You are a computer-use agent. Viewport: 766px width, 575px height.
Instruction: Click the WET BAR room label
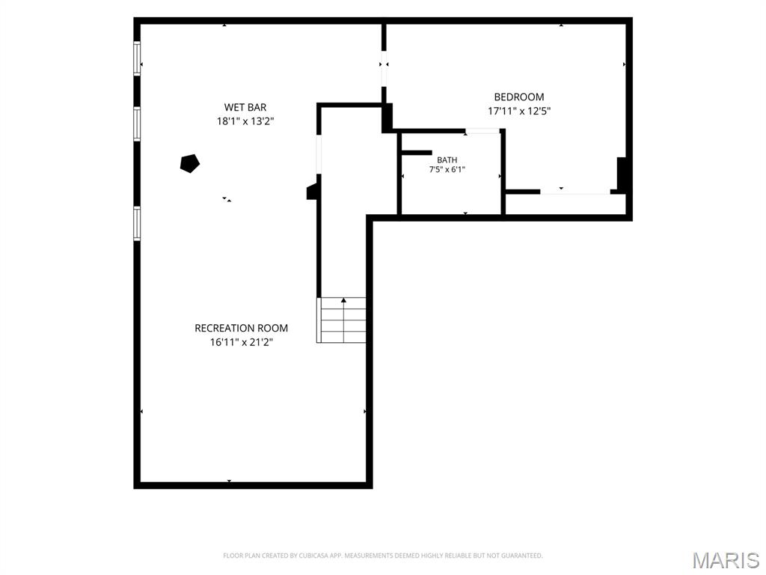[245, 107]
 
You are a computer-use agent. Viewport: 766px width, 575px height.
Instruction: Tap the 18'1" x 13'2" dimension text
[245, 121]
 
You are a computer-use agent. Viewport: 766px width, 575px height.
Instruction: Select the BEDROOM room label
[519, 97]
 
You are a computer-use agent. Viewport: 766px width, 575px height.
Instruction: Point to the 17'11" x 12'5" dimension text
[519, 111]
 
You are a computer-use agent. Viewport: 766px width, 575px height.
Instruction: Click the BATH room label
[447, 160]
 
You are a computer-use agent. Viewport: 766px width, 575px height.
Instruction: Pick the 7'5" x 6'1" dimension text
[447, 170]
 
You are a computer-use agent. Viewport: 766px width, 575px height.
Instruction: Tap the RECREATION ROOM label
[242, 328]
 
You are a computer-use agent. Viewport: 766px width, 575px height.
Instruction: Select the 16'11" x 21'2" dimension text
[242, 342]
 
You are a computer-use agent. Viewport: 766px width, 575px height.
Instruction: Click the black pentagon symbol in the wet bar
[189, 163]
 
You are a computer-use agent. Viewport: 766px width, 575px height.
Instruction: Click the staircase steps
[342, 320]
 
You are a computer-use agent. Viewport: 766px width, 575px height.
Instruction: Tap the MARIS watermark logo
[726, 560]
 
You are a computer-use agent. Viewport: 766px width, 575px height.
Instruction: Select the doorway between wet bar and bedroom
[384, 68]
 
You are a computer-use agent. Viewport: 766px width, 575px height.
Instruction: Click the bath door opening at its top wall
[482, 131]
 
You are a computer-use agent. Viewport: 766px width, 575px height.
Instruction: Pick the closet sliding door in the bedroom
[575, 192]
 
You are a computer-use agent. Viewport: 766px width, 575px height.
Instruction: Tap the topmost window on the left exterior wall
[138, 58]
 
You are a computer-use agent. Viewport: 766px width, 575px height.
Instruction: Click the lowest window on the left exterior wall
[138, 223]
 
